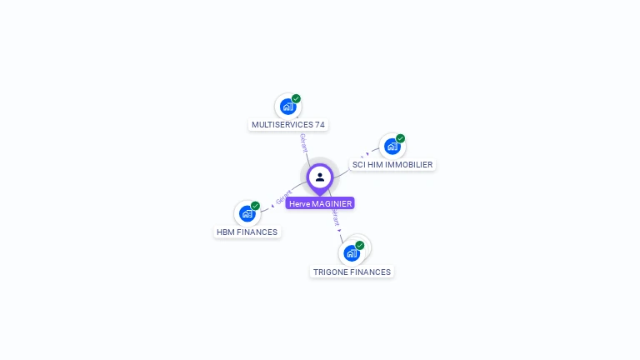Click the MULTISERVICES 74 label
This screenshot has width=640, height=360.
[288, 125]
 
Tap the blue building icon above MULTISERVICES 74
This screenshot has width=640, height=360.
[287, 107]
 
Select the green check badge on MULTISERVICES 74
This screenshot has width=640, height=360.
[296, 98]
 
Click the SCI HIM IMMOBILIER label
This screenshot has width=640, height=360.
[392, 165]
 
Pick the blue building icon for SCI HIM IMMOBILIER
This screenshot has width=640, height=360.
[392, 147]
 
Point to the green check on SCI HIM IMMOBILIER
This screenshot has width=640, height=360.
[400, 138]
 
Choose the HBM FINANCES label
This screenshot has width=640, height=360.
[247, 232]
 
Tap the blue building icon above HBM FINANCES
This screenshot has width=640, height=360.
[247, 214]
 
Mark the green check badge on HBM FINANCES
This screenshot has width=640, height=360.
[255, 206]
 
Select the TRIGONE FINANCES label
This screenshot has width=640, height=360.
[352, 272]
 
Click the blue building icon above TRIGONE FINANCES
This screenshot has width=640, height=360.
[351, 253]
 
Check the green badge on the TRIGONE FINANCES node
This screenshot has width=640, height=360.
[359, 245]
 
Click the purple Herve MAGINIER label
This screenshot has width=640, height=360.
[320, 203]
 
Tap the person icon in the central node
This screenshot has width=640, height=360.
[320, 177]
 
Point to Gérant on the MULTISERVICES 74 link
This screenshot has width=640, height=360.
[303, 142]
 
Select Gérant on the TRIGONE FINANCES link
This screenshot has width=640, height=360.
[335, 217]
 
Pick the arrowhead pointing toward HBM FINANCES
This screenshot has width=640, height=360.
[272, 204]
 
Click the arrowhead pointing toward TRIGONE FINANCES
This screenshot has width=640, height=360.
[340, 229]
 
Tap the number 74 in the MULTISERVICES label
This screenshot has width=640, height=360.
[320, 125]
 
